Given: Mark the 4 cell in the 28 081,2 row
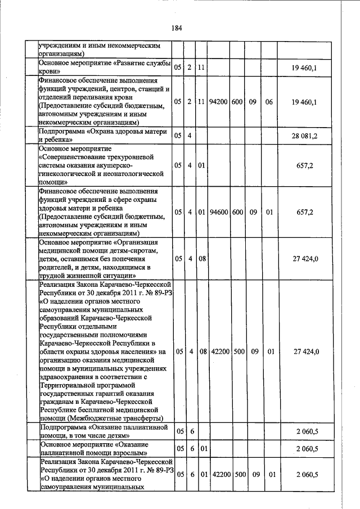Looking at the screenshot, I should (x=190, y=136).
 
